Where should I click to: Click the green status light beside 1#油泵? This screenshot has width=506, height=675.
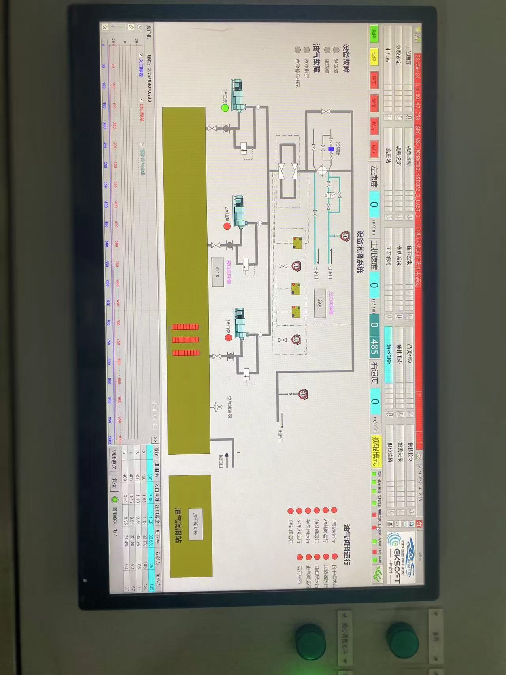click(225, 108)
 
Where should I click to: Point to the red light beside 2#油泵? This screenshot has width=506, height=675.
click(227, 226)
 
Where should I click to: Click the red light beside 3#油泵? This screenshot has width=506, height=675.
click(228, 338)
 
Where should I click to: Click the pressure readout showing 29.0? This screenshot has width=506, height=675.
click(319, 303)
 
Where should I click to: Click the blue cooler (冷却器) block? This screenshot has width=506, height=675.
click(330, 149)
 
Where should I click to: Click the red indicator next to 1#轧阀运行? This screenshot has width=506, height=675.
click(334, 510)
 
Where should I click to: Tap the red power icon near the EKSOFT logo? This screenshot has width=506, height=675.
click(419, 524)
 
